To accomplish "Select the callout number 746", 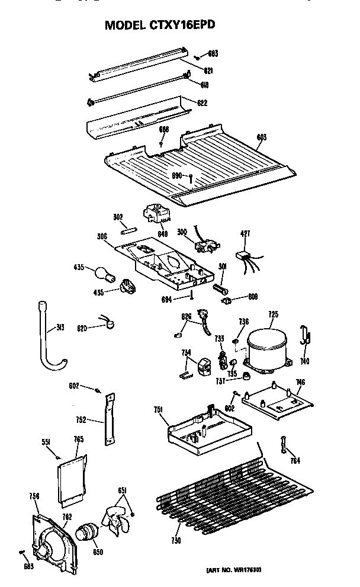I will (x=300, y=383).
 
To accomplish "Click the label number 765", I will (x=78, y=439).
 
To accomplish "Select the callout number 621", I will (x=208, y=70).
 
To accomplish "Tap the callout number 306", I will (x=101, y=237).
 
